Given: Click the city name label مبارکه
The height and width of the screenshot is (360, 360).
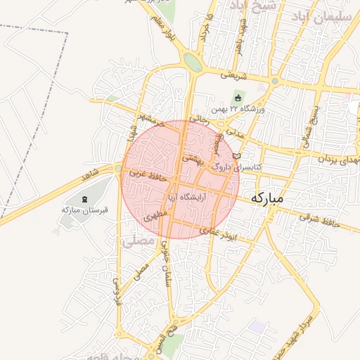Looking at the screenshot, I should coord(266,198).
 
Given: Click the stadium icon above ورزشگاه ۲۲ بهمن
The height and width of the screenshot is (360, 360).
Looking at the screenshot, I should coord(237,98).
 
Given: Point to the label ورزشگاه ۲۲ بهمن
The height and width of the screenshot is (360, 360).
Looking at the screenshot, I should coord(238,110).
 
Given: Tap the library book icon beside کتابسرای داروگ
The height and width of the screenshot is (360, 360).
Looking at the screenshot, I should coord(237,155).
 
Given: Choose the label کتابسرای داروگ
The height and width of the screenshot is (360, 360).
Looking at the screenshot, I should coord(236,167).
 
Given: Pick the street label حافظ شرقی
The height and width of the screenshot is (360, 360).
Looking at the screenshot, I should coord(320,219).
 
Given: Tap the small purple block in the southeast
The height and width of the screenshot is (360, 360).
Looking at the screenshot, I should coord(259,327).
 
